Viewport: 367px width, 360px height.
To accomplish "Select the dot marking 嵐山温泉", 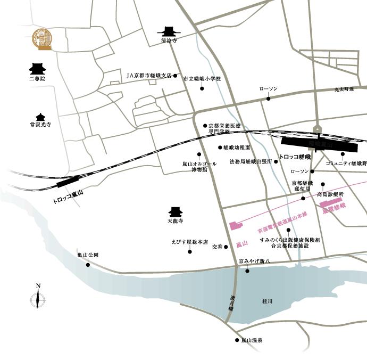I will click(x=237, y=340).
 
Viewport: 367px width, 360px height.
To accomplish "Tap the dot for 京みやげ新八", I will click(x=247, y=271).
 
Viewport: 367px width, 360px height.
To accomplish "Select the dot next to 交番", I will click(x=226, y=247).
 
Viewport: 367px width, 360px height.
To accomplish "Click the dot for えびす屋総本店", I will click(x=189, y=251).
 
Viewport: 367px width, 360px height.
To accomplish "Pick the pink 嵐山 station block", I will click(x=235, y=225).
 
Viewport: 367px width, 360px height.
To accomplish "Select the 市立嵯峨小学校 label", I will click(x=202, y=79).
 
